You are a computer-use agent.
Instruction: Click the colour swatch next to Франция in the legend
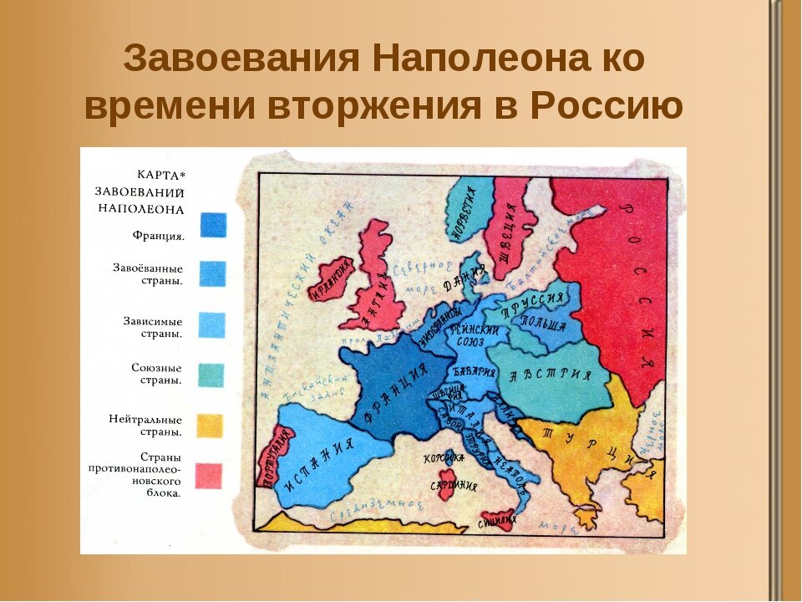pos(212,225)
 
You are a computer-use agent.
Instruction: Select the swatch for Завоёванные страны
pos(212,273)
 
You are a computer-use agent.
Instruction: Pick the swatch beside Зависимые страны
pos(212,324)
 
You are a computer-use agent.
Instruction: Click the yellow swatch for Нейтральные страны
pos(210,426)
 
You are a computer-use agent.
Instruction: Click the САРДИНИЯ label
pos(454,485)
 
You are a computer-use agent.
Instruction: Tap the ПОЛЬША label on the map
pos(543,322)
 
